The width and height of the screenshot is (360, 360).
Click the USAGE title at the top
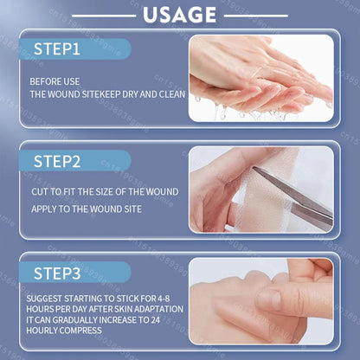[x=180, y=16]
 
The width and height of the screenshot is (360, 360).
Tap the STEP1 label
[x=57, y=49]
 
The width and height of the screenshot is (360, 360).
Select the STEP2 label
[x=57, y=161]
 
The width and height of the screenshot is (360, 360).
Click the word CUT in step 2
[x=39, y=191]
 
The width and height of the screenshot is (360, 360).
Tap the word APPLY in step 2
[x=46, y=209]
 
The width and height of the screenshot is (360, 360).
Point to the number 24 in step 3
[x=174, y=319]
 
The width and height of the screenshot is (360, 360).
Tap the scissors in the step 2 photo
[x=299, y=196]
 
